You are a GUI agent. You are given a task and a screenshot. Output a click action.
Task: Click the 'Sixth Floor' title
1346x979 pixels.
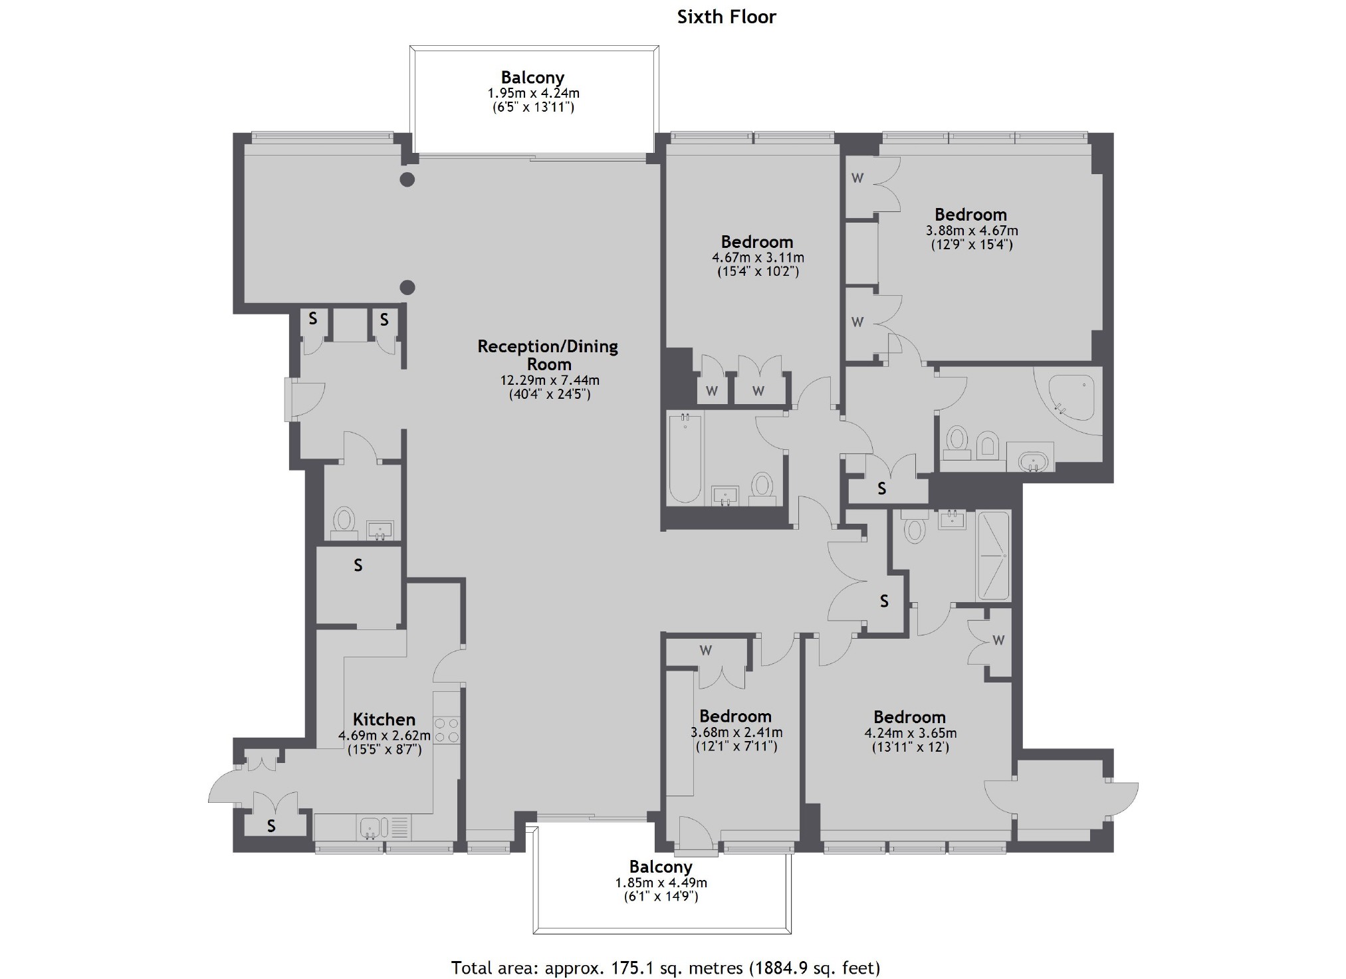[x=727, y=17]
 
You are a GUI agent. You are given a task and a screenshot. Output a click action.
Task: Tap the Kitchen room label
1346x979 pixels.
[x=384, y=719]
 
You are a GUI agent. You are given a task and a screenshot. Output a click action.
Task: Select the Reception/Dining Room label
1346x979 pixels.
[x=548, y=355]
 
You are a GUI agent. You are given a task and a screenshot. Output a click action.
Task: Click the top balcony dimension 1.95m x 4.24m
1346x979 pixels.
[x=533, y=94]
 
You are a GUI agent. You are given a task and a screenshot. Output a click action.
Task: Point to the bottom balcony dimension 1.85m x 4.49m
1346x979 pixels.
[x=661, y=883]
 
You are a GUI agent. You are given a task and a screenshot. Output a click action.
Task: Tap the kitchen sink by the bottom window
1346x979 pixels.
[x=370, y=828]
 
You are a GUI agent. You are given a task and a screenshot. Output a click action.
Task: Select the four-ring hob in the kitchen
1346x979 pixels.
[x=446, y=729]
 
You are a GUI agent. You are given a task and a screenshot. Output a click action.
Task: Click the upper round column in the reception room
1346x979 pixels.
[x=407, y=179]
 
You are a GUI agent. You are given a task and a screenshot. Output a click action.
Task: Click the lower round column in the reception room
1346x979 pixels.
[x=407, y=288]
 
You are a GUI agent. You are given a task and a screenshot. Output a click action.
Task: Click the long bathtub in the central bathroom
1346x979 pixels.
[x=685, y=458]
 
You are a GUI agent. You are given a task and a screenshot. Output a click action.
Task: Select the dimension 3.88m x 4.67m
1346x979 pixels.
[x=972, y=231]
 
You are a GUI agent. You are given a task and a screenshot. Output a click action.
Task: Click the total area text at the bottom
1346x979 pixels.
[x=665, y=968]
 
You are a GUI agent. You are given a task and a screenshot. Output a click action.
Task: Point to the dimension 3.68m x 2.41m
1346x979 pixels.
[x=736, y=732]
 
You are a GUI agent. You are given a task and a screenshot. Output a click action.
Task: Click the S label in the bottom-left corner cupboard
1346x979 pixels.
[x=271, y=825]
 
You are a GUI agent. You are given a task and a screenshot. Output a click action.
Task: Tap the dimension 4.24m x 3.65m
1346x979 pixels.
[x=911, y=734]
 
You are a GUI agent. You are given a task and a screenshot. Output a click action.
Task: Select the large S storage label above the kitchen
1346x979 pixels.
[x=358, y=565]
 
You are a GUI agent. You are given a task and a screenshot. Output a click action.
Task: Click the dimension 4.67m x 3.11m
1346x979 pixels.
[x=758, y=258]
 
